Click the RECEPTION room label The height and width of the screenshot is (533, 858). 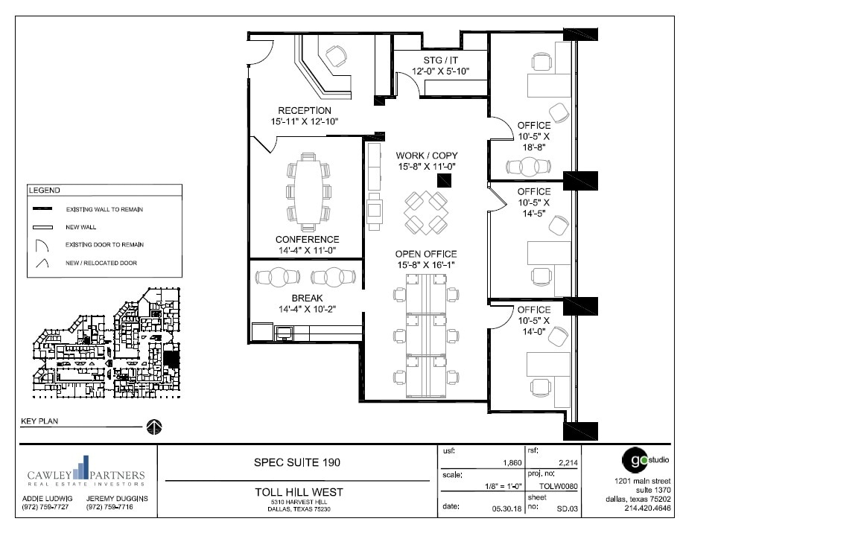[x=304, y=111]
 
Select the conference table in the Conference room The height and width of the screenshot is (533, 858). [x=307, y=191]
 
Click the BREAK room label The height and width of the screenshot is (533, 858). [x=307, y=298]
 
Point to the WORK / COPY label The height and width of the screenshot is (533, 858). [x=427, y=156]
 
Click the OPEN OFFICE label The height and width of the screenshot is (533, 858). [x=426, y=254]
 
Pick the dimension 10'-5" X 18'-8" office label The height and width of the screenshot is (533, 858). [x=534, y=136]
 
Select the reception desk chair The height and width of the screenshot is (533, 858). [x=337, y=56]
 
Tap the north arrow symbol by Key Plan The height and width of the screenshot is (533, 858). [x=154, y=427]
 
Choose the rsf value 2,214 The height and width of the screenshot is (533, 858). [x=567, y=463]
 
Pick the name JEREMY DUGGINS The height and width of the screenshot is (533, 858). [x=117, y=498]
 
